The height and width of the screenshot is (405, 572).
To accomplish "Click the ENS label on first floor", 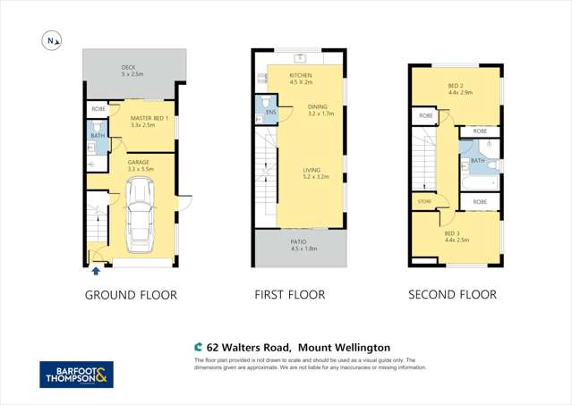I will pyautogui.click(x=269, y=113).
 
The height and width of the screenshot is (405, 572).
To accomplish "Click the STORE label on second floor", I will pyautogui.click(x=424, y=201).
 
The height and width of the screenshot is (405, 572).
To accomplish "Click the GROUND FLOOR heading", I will pyautogui.click(x=131, y=295).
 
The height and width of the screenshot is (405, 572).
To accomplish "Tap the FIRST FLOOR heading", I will pyautogui.click(x=289, y=295).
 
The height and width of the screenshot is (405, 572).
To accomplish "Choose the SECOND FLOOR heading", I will pyautogui.click(x=452, y=295).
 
